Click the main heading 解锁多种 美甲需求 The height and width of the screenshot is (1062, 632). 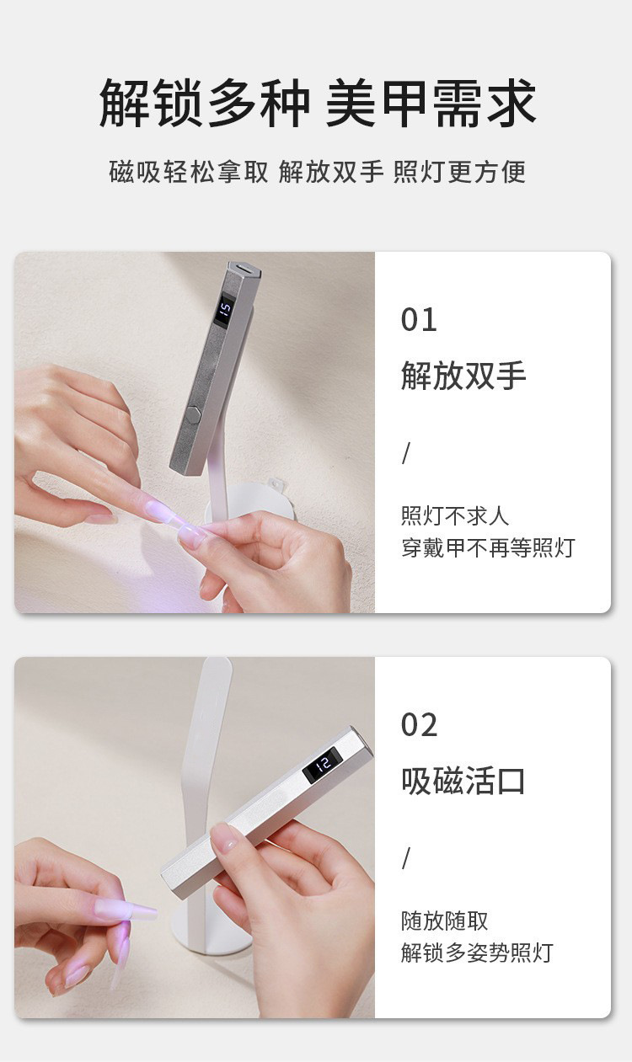point(318,104)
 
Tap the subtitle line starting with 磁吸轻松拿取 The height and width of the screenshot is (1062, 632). point(318,172)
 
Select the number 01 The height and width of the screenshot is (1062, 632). point(419,320)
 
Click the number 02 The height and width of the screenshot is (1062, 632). point(419,725)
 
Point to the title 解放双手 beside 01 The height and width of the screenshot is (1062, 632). point(463,376)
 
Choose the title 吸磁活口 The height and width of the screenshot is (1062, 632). point(463,781)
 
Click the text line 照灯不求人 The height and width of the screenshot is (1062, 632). point(455,515)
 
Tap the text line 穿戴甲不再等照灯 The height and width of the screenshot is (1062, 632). point(488,548)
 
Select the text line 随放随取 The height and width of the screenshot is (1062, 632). point(445,921)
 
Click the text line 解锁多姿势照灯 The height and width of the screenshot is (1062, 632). point(477,953)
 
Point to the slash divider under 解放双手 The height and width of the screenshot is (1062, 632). point(406,453)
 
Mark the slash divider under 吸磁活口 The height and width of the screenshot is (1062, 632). point(406,858)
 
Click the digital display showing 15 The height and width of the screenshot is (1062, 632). point(225,310)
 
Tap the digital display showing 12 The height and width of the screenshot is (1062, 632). point(322,766)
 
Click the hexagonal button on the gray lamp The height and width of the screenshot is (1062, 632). point(192,412)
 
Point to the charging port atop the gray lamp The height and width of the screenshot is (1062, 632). point(244,269)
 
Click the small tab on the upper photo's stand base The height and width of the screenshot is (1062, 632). point(276,483)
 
